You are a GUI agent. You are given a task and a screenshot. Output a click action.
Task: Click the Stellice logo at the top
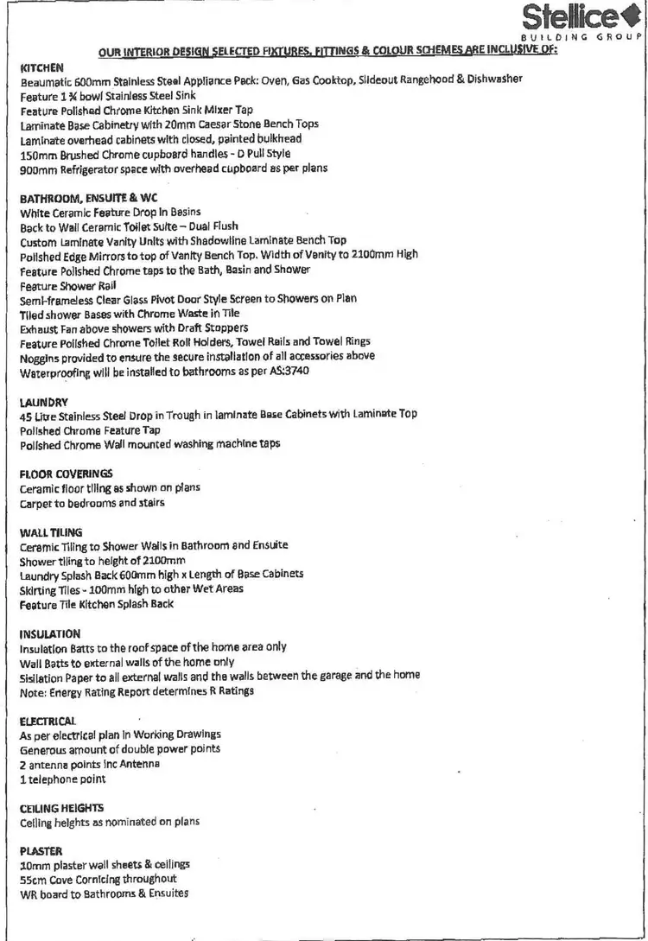coord(581,21)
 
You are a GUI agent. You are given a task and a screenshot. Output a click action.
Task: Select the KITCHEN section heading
coord(41,67)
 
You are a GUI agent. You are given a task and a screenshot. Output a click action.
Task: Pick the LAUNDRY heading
coord(44,401)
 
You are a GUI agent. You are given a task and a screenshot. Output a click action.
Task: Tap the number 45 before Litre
coord(25,415)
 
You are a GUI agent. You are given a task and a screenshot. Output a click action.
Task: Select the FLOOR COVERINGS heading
coord(66,474)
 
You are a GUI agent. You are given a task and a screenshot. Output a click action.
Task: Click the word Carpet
coord(35,503)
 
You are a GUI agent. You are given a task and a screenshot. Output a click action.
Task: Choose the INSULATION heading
coord(49,633)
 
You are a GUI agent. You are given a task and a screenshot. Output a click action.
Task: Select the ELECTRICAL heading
coord(48,720)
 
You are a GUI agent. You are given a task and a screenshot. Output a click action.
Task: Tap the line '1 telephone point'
coord(62,779)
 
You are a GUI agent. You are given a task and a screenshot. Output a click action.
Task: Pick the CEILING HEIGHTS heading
coord(61,808)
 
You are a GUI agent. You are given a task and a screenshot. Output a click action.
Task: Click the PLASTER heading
coord(41,850)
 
